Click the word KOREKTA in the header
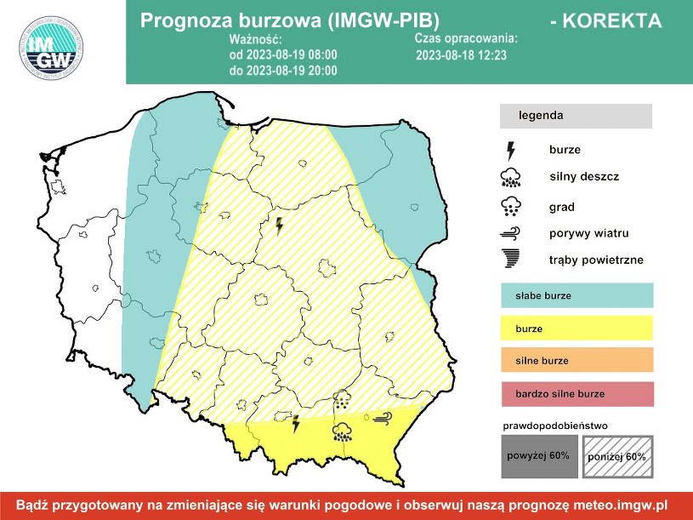(605, 21)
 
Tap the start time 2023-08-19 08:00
(283, 54)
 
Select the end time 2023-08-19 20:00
(283, 70)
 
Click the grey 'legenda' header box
(576, 116)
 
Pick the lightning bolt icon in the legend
(511, 151)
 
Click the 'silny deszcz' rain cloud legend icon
(511, 178)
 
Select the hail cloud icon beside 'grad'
(511, 206)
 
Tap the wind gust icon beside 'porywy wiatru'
(511, 233)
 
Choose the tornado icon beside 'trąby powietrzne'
(511, 259)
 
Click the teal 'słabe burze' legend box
(576, 296)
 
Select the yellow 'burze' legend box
(576, 328)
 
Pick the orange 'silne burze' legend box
(576, 360)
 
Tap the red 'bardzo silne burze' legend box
(576, 394)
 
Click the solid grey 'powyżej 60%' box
(538, 456)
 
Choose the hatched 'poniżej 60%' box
(616, 457)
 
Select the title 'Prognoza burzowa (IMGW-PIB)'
(289, 21)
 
